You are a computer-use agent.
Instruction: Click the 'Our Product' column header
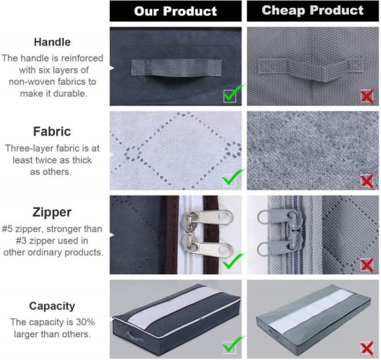(x=175, y=11)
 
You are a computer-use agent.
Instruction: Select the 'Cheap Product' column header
(x=312, y=10)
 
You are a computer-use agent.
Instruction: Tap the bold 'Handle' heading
(x=52, y=41)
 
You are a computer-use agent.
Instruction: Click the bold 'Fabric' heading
(x=52, y=131)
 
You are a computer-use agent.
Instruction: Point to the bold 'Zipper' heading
(x=52, y=212)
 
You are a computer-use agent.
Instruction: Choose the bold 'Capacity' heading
(x=52, y=306)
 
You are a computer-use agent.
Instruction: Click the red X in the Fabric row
(x=367, y=180)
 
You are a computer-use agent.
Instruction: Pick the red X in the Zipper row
(x=367, y=264)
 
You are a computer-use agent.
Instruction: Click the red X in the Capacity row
(x=367, y=346)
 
